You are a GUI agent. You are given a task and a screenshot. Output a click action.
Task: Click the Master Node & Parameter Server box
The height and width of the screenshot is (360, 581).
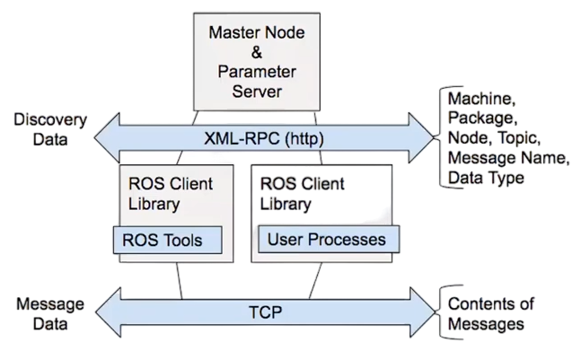(257, 62)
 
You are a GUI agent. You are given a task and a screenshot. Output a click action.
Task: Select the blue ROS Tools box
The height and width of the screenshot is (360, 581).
(168, 240)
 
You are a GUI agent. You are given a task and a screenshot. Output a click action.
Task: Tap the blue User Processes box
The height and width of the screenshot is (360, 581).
(329, 239)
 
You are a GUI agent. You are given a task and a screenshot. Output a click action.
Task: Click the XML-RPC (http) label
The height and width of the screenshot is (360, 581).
(264, 139)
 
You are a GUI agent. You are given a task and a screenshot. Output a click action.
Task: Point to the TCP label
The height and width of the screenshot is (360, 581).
(265, 312)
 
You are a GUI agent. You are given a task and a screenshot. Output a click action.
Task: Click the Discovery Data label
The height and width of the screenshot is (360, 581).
(50, 129)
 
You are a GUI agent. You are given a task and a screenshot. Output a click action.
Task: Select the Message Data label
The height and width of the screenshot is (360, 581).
(50, 314)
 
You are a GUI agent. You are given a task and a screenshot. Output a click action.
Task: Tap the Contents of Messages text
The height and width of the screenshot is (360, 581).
(491, 313)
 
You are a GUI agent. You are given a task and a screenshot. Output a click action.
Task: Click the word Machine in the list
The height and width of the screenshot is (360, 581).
(481, 99)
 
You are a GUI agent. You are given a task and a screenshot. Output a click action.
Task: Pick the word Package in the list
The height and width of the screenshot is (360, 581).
(483, 119)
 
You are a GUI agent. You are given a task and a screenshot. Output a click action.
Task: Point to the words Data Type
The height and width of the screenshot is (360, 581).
(486, 178)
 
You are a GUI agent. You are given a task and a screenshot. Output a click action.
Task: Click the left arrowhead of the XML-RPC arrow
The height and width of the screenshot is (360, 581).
(107, 137)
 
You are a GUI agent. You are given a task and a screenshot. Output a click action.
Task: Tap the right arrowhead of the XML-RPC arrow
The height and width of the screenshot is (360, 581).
(421, 137)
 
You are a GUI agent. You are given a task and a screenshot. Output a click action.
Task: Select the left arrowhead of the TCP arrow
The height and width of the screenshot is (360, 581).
(108, 312)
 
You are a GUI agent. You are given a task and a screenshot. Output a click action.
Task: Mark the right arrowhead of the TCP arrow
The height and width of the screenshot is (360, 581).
(423, 312)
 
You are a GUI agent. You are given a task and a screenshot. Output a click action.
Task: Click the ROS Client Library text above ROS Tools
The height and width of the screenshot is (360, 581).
(171, 194)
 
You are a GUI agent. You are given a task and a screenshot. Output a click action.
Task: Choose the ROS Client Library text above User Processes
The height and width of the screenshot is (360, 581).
(302, 194)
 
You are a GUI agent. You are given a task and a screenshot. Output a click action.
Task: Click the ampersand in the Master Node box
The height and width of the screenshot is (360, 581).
(257, 52)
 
